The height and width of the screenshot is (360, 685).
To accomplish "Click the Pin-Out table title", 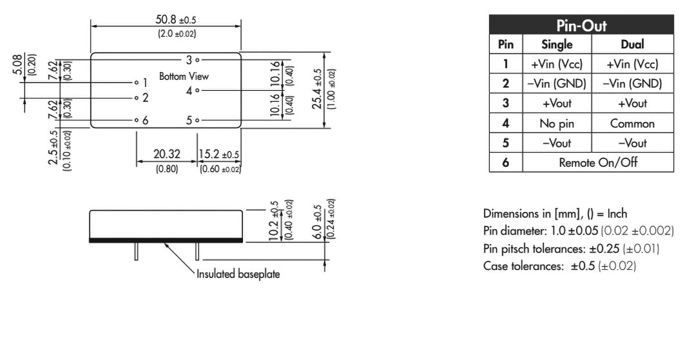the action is [581, 25].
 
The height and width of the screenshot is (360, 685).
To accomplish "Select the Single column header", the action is [557, 44].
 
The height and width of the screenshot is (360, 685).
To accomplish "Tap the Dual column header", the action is [632, 44].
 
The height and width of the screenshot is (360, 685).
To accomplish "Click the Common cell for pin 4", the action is [632, 124].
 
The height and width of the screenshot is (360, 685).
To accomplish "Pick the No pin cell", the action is [557, 124].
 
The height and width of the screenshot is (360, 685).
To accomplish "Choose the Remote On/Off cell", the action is [598, 163].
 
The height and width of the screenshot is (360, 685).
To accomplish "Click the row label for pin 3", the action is [505, 104].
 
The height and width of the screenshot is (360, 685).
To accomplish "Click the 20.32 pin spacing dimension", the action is [166, 154].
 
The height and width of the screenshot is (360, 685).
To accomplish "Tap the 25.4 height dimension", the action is [318, 90].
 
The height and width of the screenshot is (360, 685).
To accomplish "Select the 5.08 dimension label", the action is [17, 64].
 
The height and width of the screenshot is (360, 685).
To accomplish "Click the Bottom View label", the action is [184, 77].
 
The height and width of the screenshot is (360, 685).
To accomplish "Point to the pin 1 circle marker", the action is [137, 82].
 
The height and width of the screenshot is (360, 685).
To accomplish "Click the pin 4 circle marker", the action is [197, 90].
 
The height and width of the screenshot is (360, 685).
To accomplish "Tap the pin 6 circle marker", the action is [137, 120].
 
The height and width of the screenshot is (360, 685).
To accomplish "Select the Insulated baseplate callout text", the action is [238, 274].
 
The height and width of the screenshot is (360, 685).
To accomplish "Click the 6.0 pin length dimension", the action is [318, 222].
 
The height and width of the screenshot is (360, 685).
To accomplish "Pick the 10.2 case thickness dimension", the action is [274, 221].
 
